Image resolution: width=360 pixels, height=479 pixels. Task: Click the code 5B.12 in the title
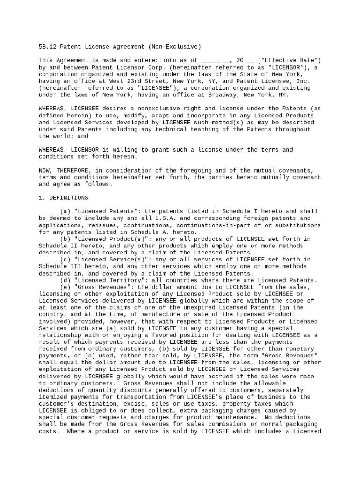47,47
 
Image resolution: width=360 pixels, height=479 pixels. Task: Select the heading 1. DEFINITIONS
63,198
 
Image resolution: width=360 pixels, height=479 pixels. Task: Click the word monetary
303,349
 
